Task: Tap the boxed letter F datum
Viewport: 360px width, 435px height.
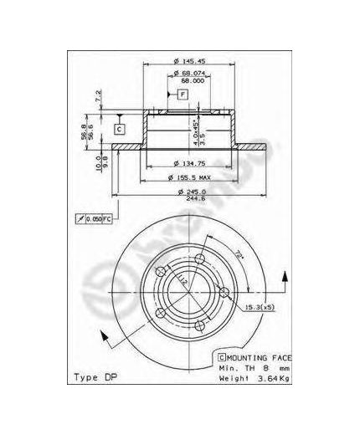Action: coord(182,95)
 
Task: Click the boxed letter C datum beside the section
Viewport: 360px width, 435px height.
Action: coord(119,128)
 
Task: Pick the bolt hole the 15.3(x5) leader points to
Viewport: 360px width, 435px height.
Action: coord(224,292)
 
